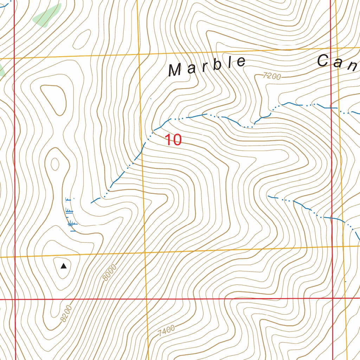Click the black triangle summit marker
63,266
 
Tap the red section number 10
173,140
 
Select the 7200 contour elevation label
272,76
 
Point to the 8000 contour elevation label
110,273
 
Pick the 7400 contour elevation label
166,330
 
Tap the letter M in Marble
175,70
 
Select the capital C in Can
324,61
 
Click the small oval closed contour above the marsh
55,164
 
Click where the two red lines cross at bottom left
15,300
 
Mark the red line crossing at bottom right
333,298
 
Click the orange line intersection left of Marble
139,54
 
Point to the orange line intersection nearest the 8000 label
145,252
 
